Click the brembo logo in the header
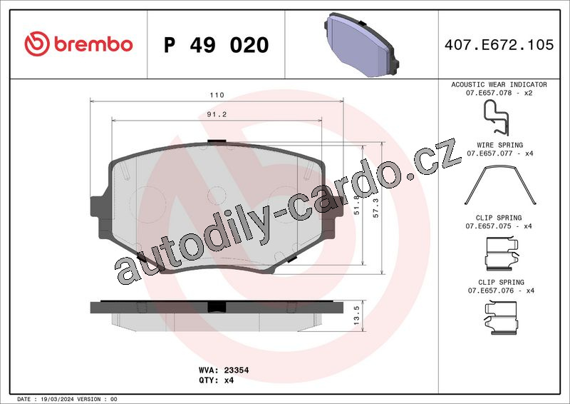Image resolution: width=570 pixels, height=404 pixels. pos(78,44)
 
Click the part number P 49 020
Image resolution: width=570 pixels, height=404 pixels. pos(217,45)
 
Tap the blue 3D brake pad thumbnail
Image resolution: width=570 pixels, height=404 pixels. pos(361,44)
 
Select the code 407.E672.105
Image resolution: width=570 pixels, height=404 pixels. pos(499,44)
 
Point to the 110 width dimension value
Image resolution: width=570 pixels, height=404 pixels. pos(217,95)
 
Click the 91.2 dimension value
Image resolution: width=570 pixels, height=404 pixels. pos(217,114)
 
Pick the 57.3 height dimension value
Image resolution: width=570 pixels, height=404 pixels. pos(375,208)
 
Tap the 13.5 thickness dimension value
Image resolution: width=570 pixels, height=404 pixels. pos(356,315)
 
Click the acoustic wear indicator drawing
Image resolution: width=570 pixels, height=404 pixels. pos(497,118)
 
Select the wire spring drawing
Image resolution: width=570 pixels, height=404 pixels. pos(500,185)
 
